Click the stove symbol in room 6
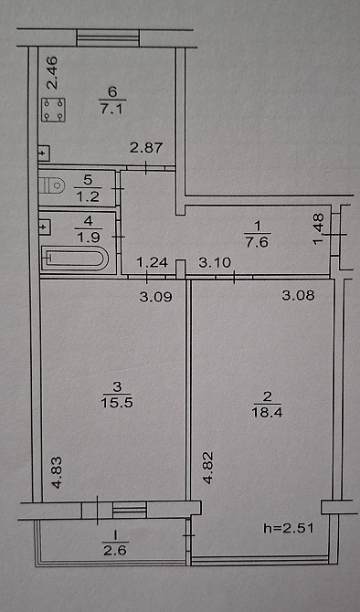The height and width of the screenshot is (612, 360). [53, 111]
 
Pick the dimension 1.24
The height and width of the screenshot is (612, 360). [152, 264]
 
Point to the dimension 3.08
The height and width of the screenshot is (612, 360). [298, 295]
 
